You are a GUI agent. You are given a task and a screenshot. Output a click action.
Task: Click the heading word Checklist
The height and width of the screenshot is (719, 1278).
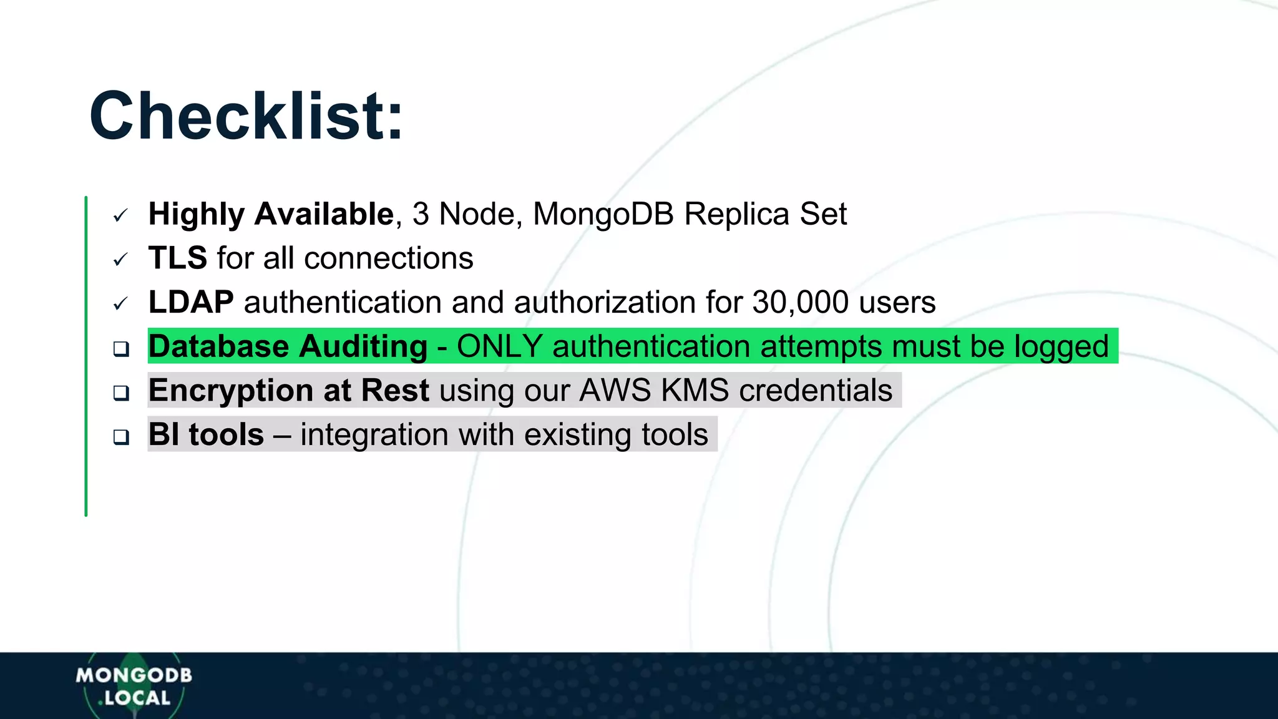[x=246, y=117]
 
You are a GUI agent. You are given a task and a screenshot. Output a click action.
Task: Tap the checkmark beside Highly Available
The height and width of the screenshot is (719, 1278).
[x=120, y=216]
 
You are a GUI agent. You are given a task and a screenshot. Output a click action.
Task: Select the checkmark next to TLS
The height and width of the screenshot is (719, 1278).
[x=120, y=260]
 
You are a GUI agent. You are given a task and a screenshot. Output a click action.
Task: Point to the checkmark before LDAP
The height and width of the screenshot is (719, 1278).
[x=120, y=304]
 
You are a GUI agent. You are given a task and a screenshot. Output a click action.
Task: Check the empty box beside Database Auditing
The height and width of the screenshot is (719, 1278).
[x=121, y=348]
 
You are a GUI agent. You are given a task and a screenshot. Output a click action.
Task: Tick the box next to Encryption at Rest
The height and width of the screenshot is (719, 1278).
[x=121, y=393]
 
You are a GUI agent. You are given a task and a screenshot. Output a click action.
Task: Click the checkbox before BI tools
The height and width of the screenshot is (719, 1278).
[x=121, y=437]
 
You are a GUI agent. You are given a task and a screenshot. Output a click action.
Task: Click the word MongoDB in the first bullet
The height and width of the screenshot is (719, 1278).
[x=603, y=215]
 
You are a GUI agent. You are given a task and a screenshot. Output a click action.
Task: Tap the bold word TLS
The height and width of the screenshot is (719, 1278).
[x=178, y=258]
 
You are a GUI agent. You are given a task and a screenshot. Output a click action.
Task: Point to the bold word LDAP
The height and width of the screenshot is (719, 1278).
[x=191, y=303]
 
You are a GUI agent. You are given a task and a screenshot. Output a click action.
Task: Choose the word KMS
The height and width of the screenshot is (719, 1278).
[x=695, y=391]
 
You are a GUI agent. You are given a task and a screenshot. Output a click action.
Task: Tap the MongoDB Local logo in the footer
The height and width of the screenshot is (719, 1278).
[x=134, y=686]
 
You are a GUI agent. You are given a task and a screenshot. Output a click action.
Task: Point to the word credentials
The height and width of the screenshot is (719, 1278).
[x=816, y=391]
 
